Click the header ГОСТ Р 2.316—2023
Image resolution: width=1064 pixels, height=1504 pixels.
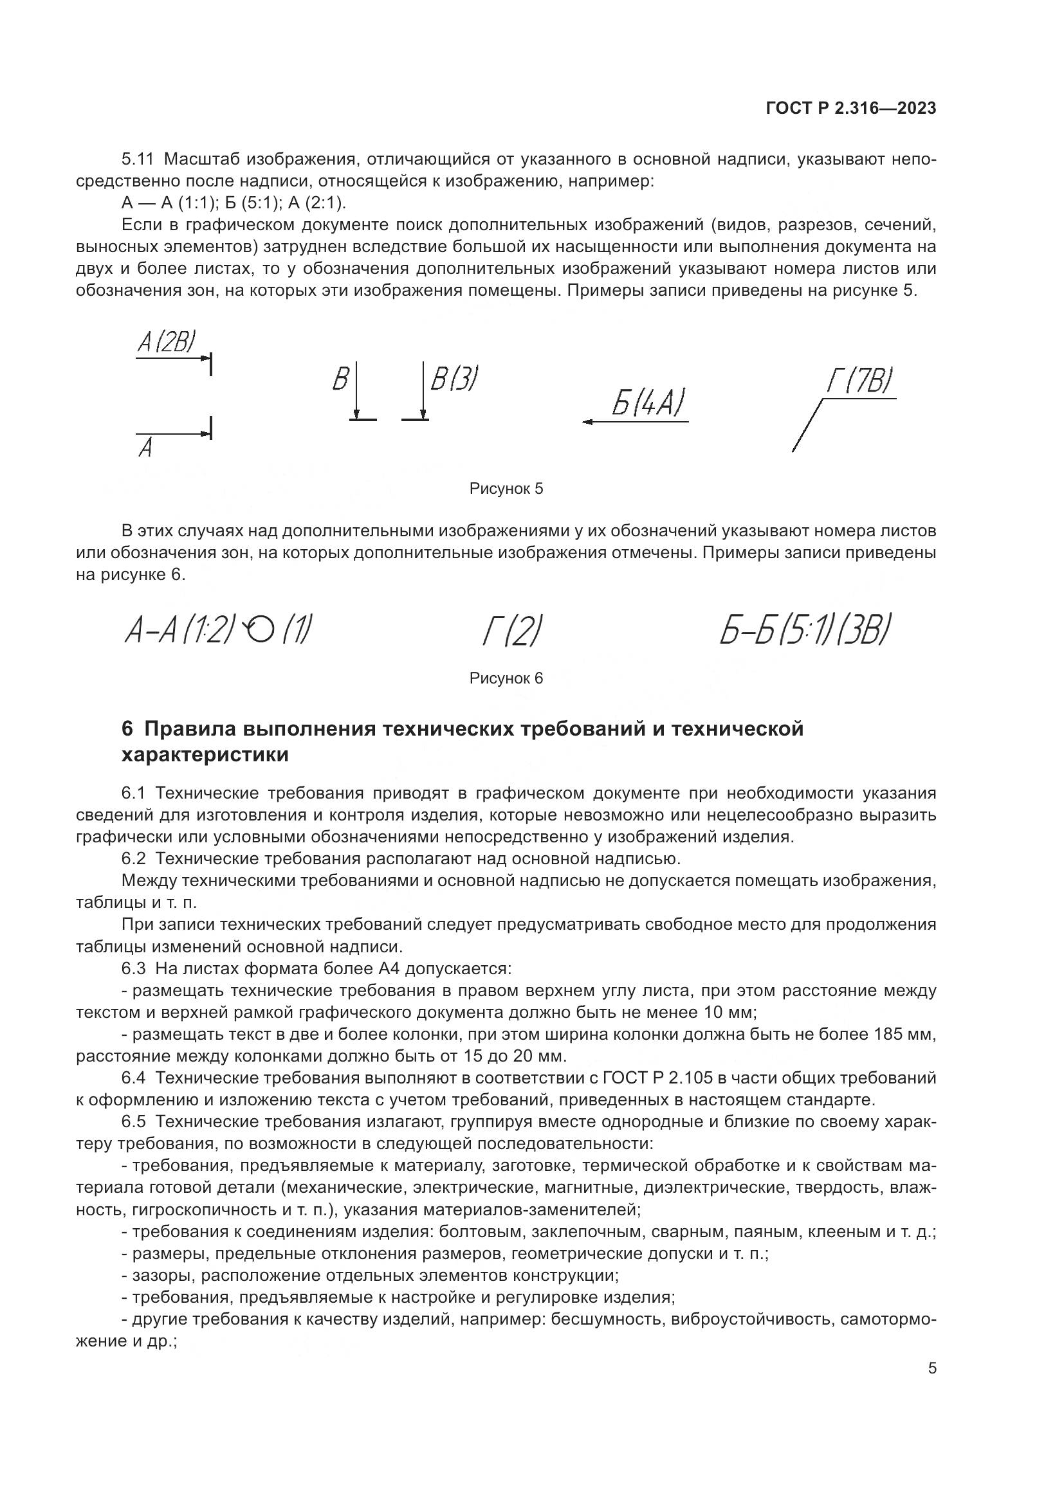pyautogui.click(x=850, y=109)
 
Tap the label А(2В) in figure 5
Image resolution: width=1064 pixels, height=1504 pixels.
pyautogui.click(x=166, y=342)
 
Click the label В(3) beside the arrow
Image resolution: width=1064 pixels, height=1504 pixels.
pyautogui.click(x=454, y=379)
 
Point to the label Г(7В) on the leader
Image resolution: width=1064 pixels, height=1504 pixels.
pyautogui.click(x=859, y=381)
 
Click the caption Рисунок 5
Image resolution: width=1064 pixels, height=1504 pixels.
pyautogui.click(x=506, y=489)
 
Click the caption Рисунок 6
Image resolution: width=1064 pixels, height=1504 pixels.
pyautogui.click(x=506, y=678)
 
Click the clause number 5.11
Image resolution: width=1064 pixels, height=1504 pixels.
pyautogui.click(x=137, y=159)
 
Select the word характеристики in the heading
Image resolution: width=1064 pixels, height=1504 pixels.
pyautogui.click(x=205, y=755)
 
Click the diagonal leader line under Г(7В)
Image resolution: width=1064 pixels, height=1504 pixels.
pyautogui.click(x=807, y=425)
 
